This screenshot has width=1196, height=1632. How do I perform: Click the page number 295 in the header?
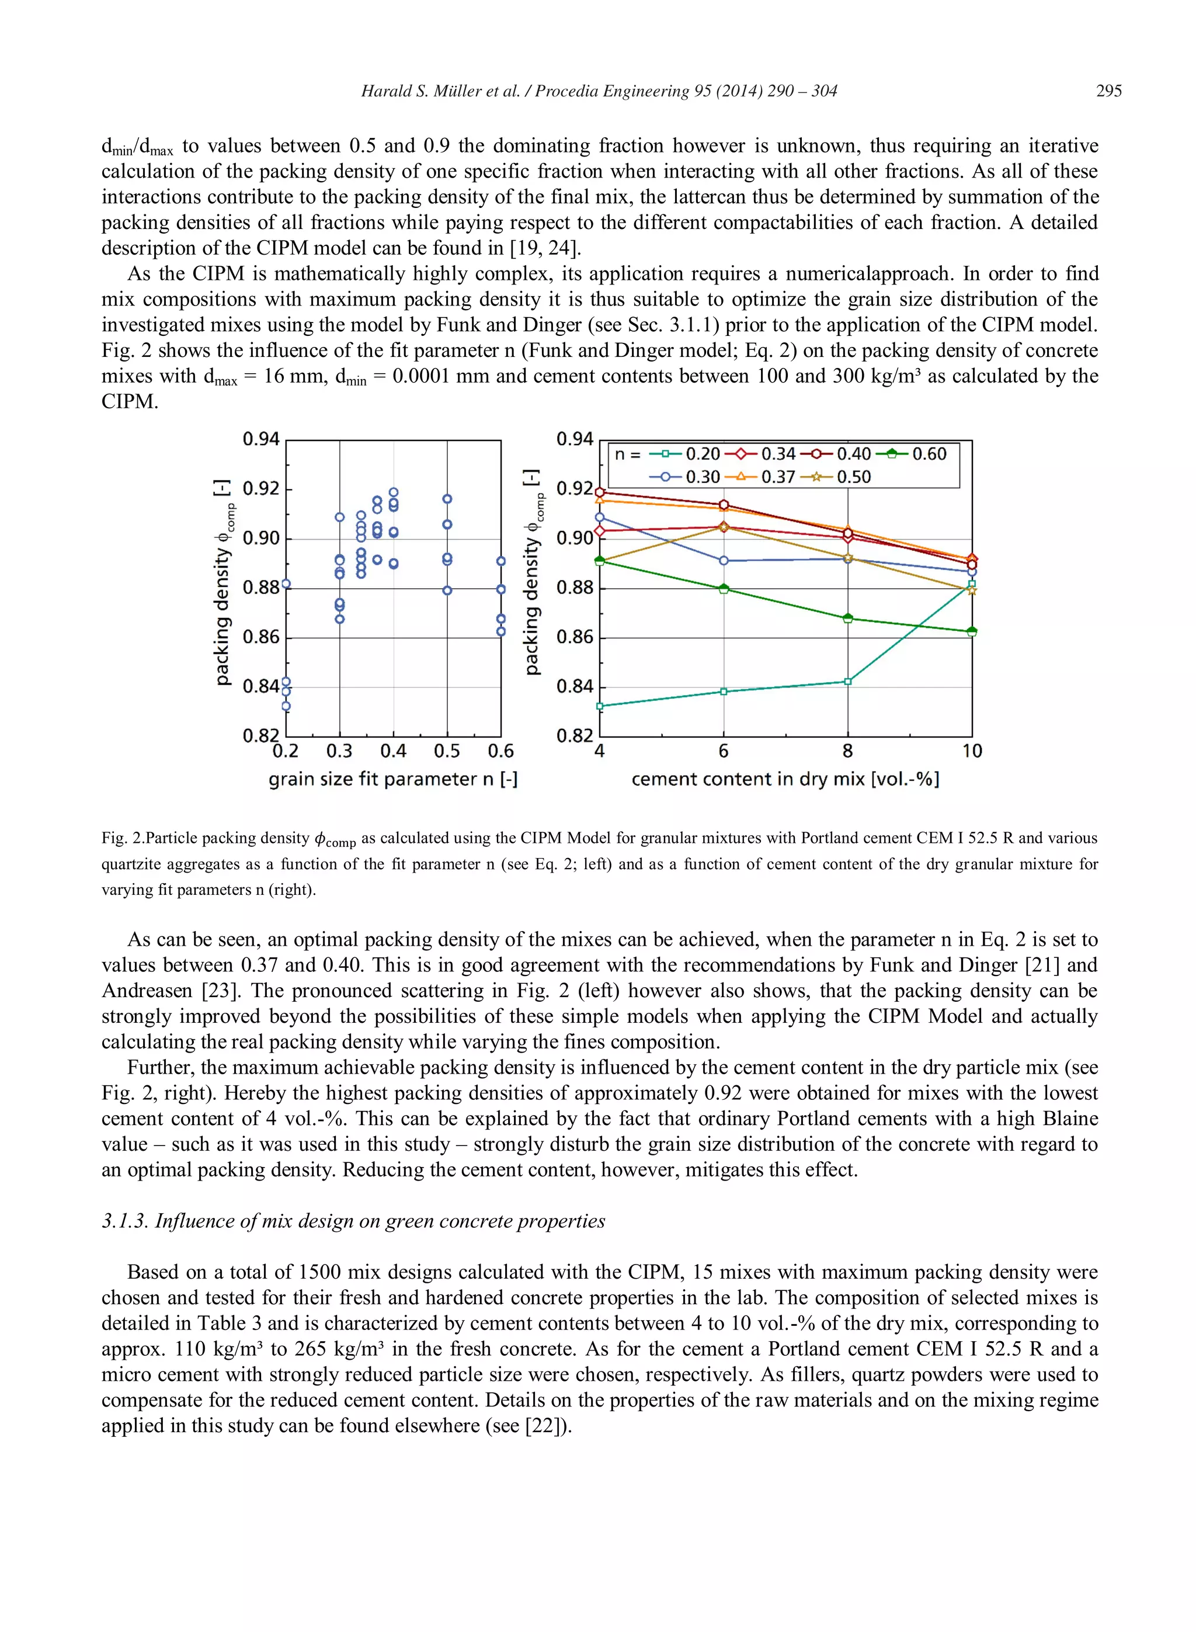click(x=1108, y=91)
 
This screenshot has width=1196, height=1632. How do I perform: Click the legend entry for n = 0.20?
click(x=684, y=454)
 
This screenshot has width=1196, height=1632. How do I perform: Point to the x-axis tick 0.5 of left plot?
click(x=447, y=751)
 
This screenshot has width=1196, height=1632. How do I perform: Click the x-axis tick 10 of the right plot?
click(x=972, y=751)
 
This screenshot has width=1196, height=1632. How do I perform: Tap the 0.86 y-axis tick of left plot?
click(x=260, y=637)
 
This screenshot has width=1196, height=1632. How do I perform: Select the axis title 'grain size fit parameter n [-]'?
click(x=392, y=780)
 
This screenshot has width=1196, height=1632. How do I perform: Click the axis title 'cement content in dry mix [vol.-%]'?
click(x=785, y=780)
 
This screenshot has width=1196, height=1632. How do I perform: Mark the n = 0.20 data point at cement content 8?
click(x=848, y=681)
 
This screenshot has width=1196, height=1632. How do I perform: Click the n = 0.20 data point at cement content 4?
click(x=599, y=706)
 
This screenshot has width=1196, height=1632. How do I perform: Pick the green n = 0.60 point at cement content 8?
click(x=848, y=619)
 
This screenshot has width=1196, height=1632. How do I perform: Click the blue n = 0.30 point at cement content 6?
click(x=723, y=560)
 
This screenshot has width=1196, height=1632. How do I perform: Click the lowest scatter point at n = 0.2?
click(x=286, y=706)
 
